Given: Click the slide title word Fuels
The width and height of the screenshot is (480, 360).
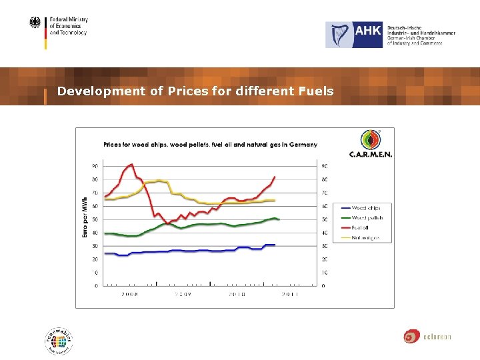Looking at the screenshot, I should tap(317, 91).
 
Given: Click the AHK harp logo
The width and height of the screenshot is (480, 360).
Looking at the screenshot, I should tap(340, 35).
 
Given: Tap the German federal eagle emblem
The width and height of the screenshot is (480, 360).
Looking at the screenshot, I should tap(35, 24).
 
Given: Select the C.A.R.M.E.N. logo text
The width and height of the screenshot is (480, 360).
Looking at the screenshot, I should tap(371, 154).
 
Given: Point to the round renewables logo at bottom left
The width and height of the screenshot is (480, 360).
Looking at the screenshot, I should tap(59, 341).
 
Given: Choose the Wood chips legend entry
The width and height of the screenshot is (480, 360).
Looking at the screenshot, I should tap(366, 208).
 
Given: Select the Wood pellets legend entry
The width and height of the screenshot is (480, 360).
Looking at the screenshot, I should tap(367, 218).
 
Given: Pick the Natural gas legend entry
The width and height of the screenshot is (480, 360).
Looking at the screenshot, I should tap(366, 238).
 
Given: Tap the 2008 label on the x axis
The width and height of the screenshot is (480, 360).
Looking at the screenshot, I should tap(129, 294).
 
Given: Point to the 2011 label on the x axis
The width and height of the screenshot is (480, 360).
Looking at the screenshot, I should tap(289, 294).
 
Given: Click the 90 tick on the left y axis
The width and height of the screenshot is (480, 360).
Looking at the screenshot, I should tap(95, 166).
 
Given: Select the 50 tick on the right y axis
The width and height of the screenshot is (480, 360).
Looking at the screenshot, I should tap(324, 219).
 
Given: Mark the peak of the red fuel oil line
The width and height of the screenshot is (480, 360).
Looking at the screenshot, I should tap(131, 164).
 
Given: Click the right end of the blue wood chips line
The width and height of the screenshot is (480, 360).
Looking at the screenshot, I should tap(275, 245).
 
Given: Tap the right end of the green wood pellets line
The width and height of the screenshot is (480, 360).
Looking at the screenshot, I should tap(279, 219).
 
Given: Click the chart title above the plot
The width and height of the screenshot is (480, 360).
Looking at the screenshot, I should tap(210, 144).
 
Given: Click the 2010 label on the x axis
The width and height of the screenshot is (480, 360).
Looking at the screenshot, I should tap(237, 294).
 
